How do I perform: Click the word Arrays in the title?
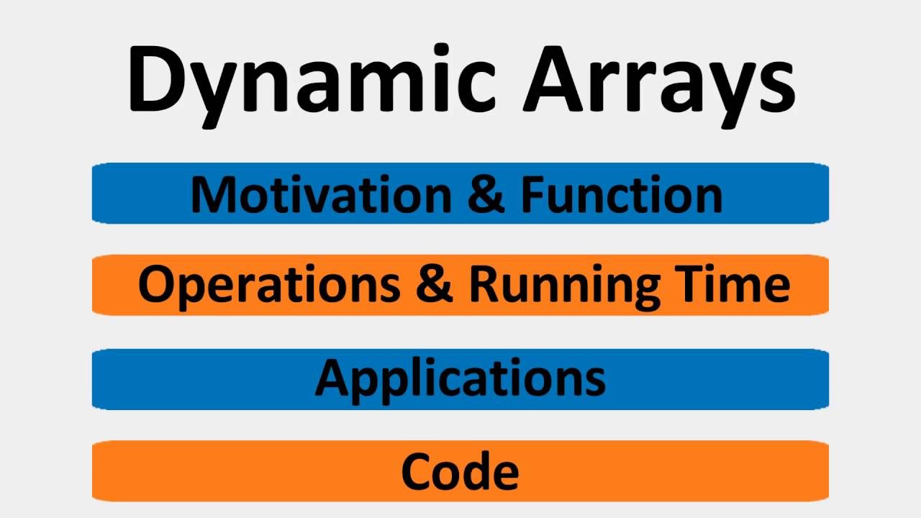click(658, 81)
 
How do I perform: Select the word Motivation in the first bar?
click(321, 195)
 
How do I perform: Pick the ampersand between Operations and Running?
click(434, 285)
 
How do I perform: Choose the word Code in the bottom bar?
click(460, 472)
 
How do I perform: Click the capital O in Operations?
click(155, 285)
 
